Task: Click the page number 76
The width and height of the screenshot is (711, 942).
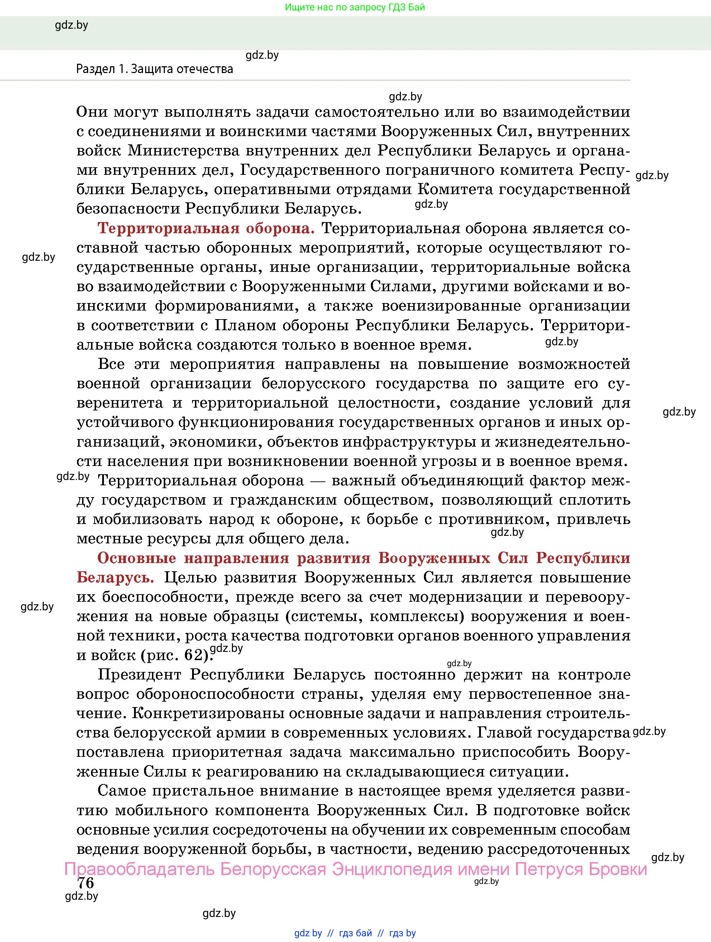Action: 86,883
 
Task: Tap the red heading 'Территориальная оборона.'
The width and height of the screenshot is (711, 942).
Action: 206,228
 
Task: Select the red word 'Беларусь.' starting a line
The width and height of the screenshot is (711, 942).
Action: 115,577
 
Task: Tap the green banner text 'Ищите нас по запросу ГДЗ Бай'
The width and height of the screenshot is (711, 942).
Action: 355,7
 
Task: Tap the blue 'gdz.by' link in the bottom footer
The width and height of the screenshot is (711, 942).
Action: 307,933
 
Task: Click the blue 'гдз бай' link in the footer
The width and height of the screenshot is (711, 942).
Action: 355,933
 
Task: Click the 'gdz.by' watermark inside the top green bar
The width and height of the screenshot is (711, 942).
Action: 72,25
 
